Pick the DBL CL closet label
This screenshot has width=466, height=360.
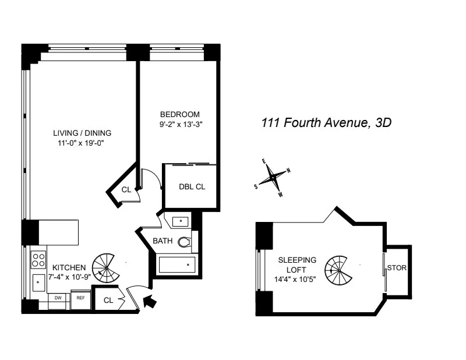pos(192,188)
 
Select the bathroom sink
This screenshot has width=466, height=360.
pos(180,221)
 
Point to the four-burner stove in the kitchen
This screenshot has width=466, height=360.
pos(38,257)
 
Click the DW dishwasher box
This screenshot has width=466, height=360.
pos(58,298)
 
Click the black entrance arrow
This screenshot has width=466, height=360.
pos(150,301)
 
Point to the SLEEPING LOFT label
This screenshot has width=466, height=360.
pos(297,265)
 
